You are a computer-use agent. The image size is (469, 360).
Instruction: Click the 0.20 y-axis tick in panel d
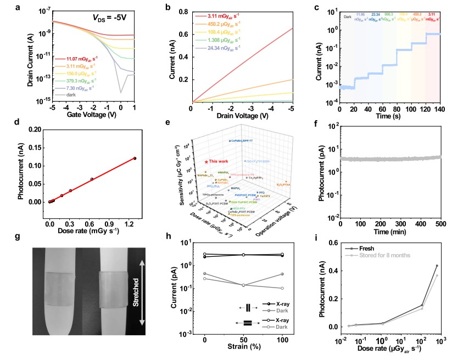tap(37, 129)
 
